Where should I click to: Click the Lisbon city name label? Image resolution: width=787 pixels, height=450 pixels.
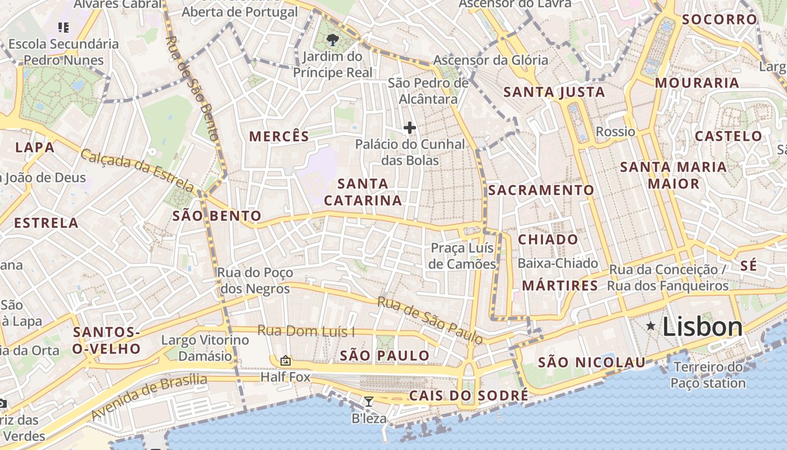[x=703, y=327]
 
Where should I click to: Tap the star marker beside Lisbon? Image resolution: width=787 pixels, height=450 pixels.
[x=651, y=326]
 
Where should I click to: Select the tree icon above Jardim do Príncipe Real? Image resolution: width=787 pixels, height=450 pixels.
[x=332, y=39]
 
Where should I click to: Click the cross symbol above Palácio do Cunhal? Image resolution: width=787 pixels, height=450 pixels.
[x=410, y=128]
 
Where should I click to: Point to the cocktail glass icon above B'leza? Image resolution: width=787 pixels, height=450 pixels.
[x=369, y=402]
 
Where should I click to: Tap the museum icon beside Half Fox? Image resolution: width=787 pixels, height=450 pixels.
[x=286, y=361]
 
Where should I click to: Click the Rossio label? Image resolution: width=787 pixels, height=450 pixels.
[x=615, y=132]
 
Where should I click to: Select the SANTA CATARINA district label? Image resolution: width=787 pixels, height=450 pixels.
[x=363, y=192]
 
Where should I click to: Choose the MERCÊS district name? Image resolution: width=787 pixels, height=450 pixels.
[x=279, y=136]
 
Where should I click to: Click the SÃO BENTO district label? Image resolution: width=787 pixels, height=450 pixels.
[x=217, y=215]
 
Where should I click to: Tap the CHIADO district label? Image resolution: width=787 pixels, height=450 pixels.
[x=548, y=240]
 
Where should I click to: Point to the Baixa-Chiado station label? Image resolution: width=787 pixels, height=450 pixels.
[x=558, y=263]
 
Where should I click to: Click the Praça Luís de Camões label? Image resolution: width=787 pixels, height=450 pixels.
[x=462, y=256]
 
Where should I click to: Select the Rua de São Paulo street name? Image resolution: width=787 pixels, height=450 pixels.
[x=430, y=319]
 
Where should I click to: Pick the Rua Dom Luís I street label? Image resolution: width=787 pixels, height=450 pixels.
[x=306, y=331]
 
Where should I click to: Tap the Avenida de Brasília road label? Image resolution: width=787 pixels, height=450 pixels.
[x=148, y=397]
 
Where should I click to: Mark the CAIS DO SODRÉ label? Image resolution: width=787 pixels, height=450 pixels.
[x=468, y=395]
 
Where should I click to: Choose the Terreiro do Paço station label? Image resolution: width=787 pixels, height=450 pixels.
[x=708, y=375]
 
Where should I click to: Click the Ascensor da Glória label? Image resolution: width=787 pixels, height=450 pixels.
[x=490, y=60]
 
